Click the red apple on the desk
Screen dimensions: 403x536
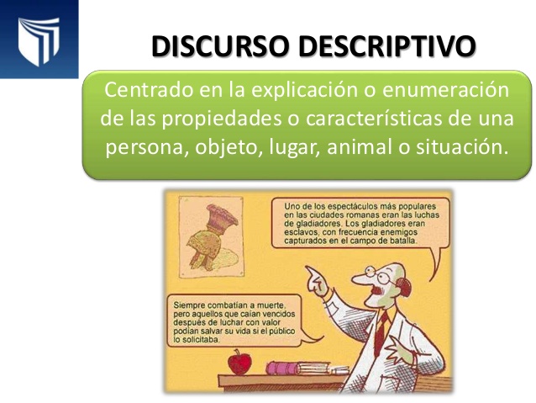tap(240, 363)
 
